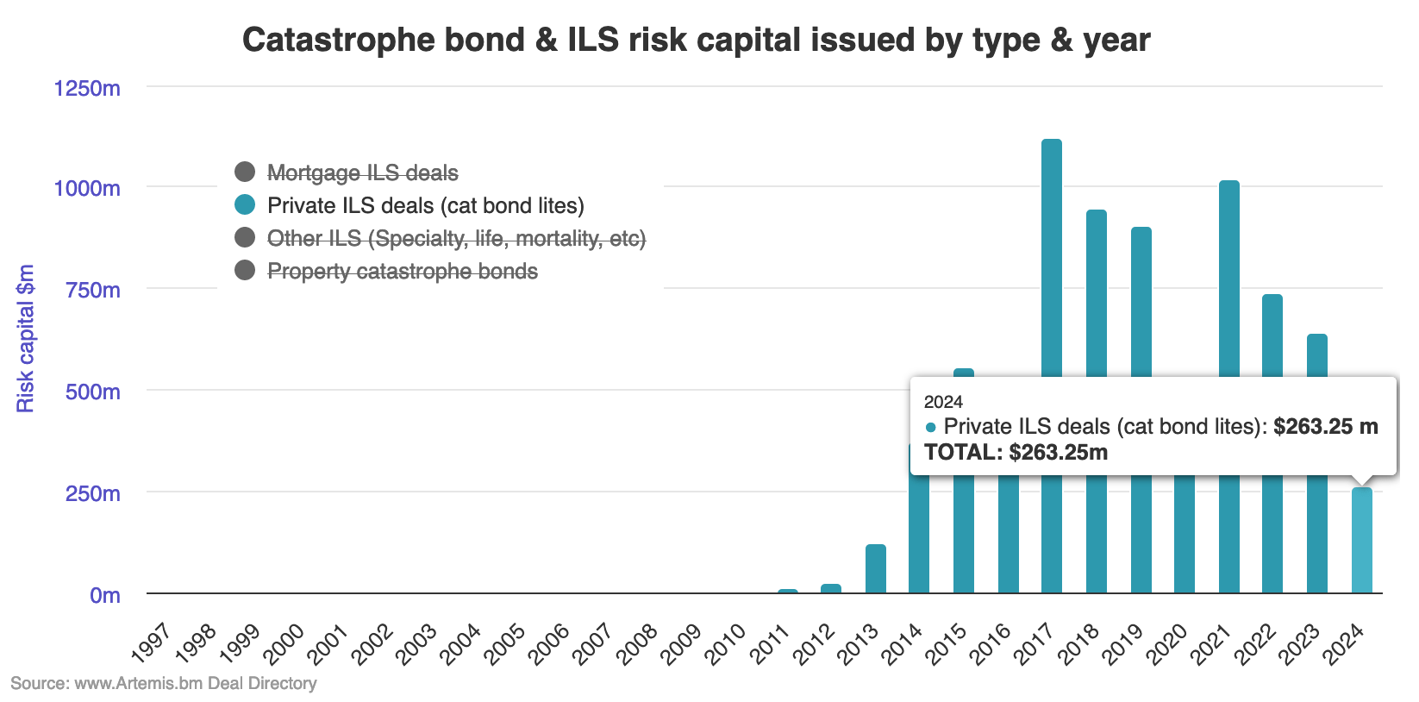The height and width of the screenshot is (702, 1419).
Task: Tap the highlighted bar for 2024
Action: tap(1361, 541)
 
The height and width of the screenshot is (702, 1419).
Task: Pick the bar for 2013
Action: tap(875, 569)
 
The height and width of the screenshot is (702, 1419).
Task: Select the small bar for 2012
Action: tap(830, 588)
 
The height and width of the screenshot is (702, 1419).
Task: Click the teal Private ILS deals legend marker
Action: tap(245, 205)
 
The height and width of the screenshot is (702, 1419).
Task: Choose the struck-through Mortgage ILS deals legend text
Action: tap(362, 173)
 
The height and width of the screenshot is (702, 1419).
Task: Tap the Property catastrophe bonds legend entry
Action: tap(402, 272)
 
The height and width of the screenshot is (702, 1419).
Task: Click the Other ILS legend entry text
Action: tap(456, 239)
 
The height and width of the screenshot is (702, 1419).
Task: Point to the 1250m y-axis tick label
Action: tap(87, 88)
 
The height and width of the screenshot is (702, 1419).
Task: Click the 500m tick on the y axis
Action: tap(92, 392)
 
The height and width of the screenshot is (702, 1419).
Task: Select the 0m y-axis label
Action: tap(104, 595)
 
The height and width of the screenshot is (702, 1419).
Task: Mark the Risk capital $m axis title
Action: tap(26, 338)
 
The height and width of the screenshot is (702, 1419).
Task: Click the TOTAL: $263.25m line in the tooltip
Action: tap(1016, 453)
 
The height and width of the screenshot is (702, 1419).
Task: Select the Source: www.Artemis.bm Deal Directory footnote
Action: tap(164, 683)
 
